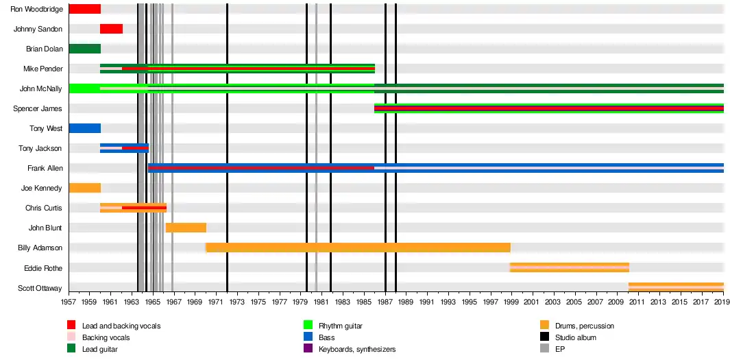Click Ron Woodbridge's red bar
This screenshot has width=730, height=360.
(84, 9)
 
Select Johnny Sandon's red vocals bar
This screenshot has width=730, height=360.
(111, 29)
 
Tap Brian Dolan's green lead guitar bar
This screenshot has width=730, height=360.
(84, 49)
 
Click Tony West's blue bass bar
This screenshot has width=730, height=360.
(84, 128)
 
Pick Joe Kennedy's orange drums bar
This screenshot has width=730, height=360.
(84, 188)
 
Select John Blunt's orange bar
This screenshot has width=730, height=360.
(186, 228)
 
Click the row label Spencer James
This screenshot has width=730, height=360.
(38, 108)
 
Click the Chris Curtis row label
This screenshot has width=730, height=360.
(44, 208)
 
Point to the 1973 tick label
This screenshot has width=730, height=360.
(237, 302)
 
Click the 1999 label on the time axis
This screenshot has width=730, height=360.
(511, 302)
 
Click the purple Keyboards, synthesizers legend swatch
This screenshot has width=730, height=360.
(308, 349)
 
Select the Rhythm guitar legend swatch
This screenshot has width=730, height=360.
(308, 326)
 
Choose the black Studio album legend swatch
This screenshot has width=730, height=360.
(545, 337)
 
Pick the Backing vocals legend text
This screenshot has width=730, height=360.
(106, 337)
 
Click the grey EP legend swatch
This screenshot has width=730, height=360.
(545, 349)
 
